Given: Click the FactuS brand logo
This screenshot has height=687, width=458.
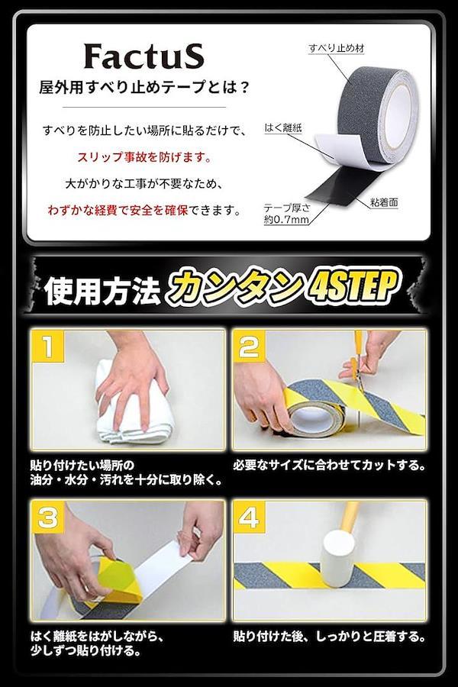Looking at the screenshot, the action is [x=144, y=57].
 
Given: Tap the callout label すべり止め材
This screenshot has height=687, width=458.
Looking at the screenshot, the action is [x=337, y=48].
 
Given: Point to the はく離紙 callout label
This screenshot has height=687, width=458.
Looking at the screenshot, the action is [x=283, y=128].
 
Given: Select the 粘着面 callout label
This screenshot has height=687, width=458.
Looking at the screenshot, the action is [x=383, y=202].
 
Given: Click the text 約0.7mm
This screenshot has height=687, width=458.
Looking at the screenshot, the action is [x=286, y=220].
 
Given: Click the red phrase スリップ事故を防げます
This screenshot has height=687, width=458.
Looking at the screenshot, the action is [x=144, y=156].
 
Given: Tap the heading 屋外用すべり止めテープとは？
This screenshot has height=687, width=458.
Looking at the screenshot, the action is [x=144, y=88].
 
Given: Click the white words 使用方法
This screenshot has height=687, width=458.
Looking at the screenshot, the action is [x=102, y=292].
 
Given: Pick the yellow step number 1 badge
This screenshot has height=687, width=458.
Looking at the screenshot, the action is [x=48, y=346].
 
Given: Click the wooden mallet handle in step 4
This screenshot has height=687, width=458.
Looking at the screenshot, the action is [x=350, y=518].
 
